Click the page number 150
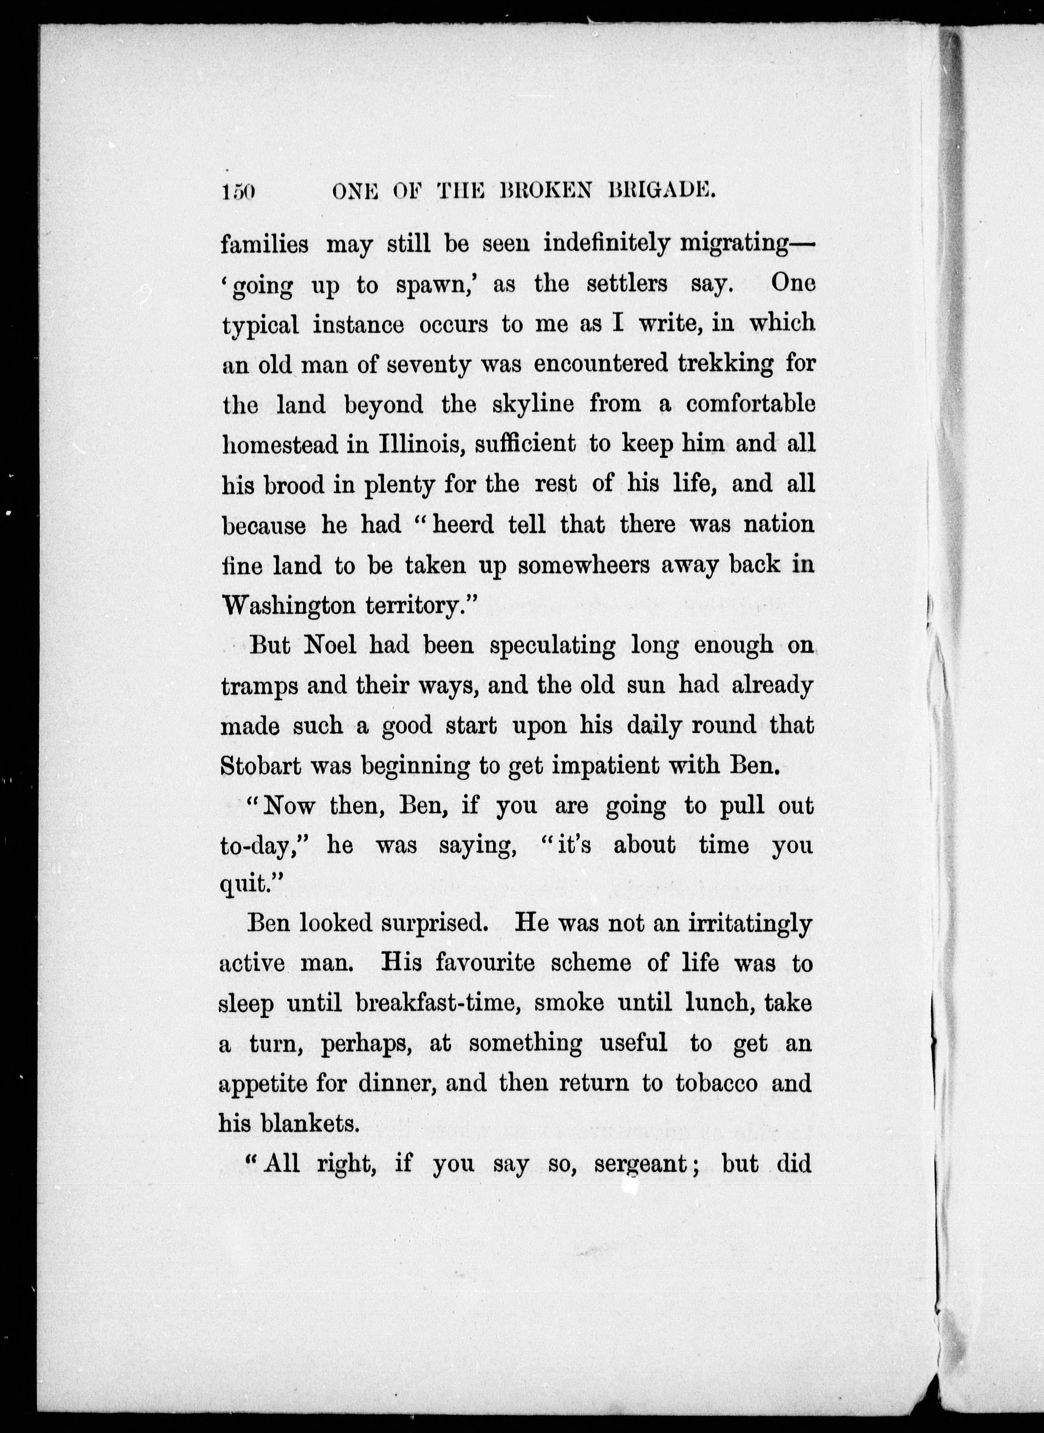coord(238,192)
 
